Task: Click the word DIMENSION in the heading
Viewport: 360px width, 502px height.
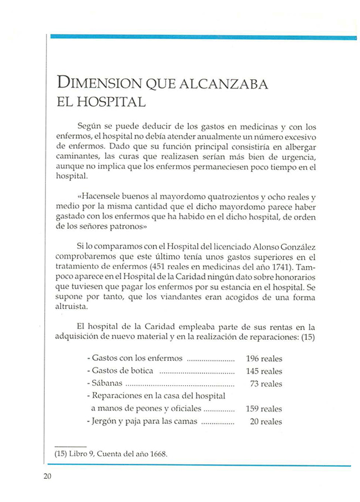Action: pos(100,84)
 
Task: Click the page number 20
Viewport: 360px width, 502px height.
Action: pos(47,478)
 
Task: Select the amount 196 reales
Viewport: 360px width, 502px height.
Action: pos(264,358)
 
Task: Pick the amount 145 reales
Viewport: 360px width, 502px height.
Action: pos(264,371)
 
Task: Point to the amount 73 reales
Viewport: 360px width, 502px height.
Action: pos(266,384)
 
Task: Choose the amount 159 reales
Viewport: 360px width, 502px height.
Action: pos(264,409)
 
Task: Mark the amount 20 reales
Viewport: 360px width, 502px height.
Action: pos(266,422)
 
